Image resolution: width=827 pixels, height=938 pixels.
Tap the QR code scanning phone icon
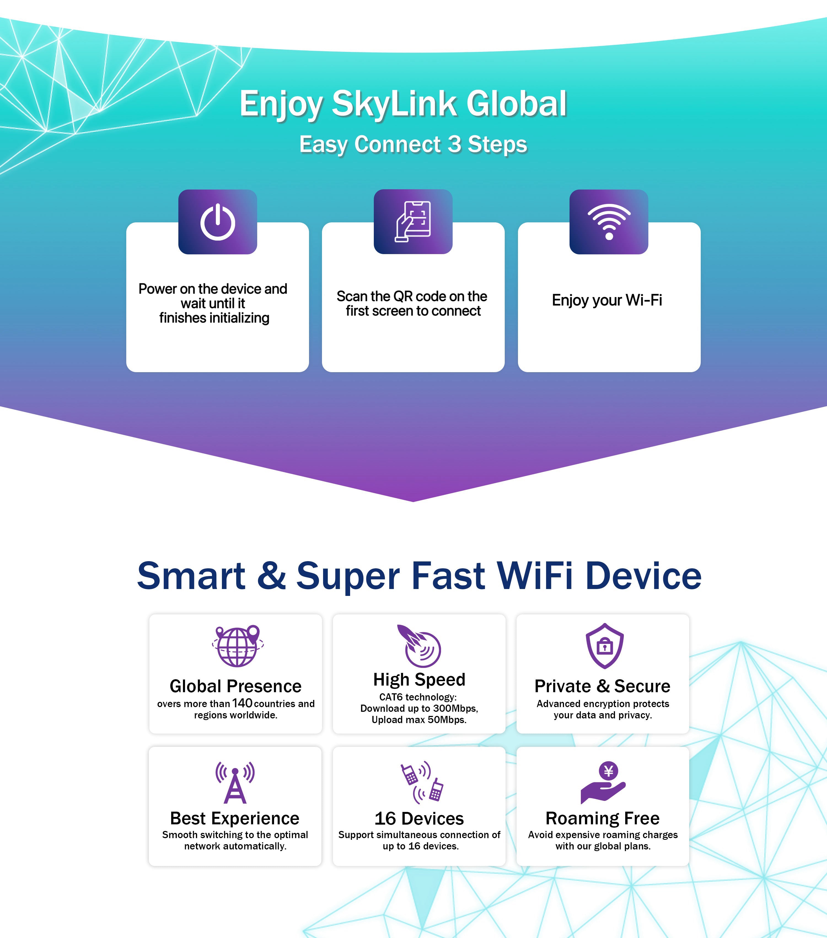pyautogui.click(x=413, y=222)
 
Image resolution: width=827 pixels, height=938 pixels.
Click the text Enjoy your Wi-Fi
pyautogui.click(x=607, y=300)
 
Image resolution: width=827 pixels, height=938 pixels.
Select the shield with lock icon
pyautogui.click(x=605, y=646)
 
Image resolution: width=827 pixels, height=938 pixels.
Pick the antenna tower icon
pyautogui.click(x=235, y=782)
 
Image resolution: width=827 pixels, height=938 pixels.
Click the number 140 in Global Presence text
pyautogui.click(x=242, y=703)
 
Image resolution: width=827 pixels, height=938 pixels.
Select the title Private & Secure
pyautogui.click(x=602, y=686)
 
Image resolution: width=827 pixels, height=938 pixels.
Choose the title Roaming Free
pyautogui.click(x=602, y=818)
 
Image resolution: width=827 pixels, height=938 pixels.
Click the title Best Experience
pyautogui.click(x=235, y=818)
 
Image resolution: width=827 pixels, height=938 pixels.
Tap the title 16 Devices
pyautogui.click(x=419, y=818)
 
